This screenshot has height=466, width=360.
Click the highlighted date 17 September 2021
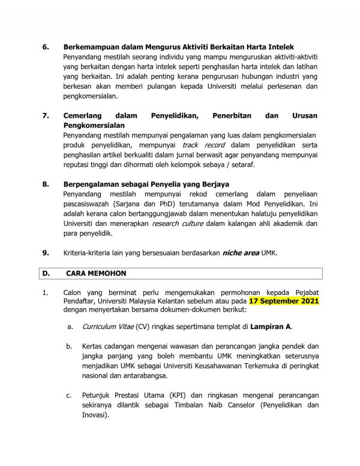click(283, 300)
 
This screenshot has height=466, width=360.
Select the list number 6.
click(44, 47)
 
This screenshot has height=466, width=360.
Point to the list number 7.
click(44, 115)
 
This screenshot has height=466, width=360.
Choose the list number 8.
click(44, 184)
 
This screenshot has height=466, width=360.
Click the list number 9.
click(44, 253)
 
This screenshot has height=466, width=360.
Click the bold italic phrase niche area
click(241, 253)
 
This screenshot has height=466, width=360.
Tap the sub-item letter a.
click(70, 325)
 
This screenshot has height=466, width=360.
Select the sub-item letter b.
click(70, 346)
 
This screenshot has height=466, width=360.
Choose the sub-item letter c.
click(70, 395)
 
